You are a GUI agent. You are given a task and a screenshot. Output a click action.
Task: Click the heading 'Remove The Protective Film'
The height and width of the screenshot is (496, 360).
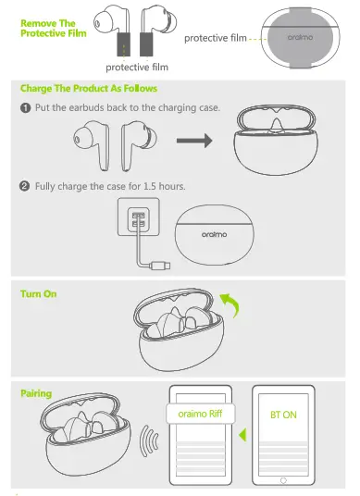[48, 27]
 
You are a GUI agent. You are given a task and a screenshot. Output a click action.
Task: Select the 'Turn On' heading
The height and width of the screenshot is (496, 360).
[42, 293]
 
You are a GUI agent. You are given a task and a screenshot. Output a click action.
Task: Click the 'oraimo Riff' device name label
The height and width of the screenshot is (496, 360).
[200, 414]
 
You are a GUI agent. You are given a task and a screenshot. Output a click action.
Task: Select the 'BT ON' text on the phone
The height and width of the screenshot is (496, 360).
[283, 415]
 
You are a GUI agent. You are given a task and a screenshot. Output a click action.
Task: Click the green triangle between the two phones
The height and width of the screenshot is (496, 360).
[242, 434]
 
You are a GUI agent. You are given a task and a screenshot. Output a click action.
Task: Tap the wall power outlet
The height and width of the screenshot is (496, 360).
[135, 222]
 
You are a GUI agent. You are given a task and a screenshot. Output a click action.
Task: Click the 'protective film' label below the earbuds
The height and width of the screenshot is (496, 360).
[136, 67]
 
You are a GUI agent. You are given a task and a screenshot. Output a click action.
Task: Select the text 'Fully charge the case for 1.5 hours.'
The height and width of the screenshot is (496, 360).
[110, 186]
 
